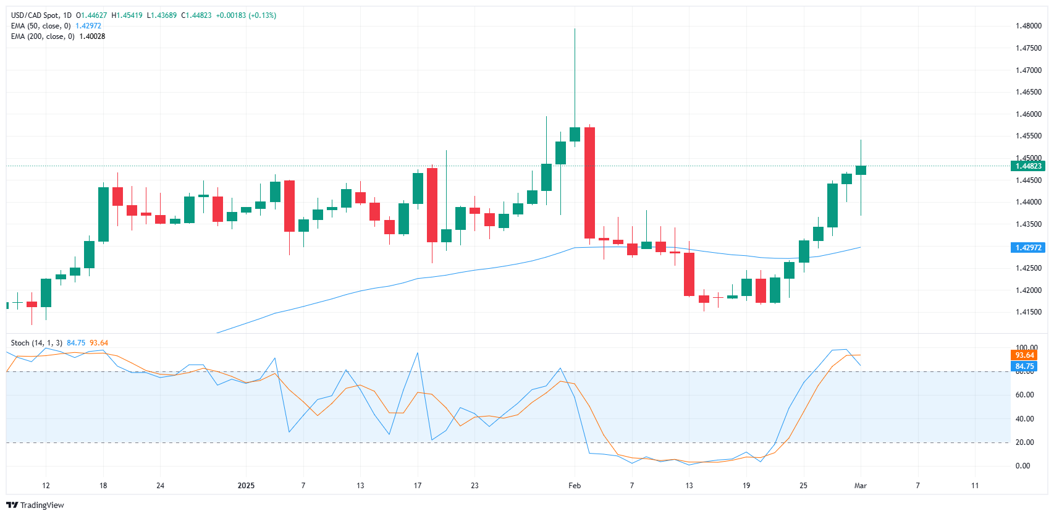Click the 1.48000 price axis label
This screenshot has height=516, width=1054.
pyautogui.click(x=1028, y=26)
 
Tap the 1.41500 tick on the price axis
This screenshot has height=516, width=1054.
pyautogui.click(x=1028, y=312)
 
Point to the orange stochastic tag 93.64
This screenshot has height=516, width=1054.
pyautogui.click(x=1024, y=355)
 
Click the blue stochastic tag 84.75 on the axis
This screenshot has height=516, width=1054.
pyautogui.click(x=1024, y=366)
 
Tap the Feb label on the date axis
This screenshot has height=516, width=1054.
pyautogui.click(x=575, y=486)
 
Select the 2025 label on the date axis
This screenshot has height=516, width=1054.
pyautogui.click(x=246, y=486)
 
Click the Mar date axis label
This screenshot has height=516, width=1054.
pyautogui.click(x=860, y=486)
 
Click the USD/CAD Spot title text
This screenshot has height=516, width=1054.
pyautogui.click(x=36, y=15)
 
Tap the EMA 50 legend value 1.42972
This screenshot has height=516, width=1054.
pyautogui.click(x=88, y=26)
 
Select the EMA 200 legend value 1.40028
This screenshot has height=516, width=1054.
pyautogui.click(x=92, y=36)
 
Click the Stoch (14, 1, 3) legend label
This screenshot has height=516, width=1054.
pyautogui.click(x=36, y=343)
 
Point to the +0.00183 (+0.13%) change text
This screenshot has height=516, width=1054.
pyautogui.click(x=246, y=15)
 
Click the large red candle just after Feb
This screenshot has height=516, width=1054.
pyautogui.click(x=589, y=182)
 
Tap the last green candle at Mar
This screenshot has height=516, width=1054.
pyautogui.click(x=861, y=170)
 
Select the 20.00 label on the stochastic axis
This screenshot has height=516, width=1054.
pyautogui.click(x=1024, y=442)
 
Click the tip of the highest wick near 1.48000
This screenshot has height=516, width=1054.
pyautogui.click(x=575, y=29)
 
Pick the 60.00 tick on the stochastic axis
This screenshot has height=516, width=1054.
pyautogui.click(x=1024, y=395)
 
